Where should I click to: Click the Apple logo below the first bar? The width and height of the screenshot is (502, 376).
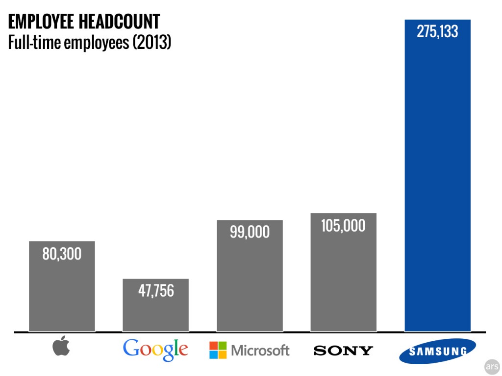point(61,347)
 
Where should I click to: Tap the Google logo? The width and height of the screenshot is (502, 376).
point(155,349)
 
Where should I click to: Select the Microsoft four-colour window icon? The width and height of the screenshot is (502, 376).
point(218,350)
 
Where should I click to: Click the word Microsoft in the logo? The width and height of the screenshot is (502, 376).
point(260,351)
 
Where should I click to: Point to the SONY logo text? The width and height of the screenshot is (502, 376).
point(343,351)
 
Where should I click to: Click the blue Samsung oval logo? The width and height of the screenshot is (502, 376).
point(437,351)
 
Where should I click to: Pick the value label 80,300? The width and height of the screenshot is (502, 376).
point(62,254)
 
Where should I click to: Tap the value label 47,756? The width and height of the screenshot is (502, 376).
point(155,290)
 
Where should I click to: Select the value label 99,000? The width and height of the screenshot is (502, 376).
point(250,232)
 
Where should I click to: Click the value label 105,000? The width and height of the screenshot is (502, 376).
point(343,225)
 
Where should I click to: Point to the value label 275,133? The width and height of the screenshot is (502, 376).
point(437,32)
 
